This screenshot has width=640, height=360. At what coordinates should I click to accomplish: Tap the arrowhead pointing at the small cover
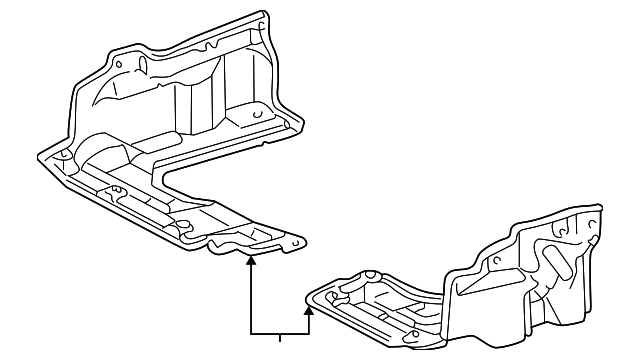coord(310,312)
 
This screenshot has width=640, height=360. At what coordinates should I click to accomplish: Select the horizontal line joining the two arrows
coord(280,333)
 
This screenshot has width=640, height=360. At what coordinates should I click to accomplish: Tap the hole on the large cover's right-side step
coord(258,116)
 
